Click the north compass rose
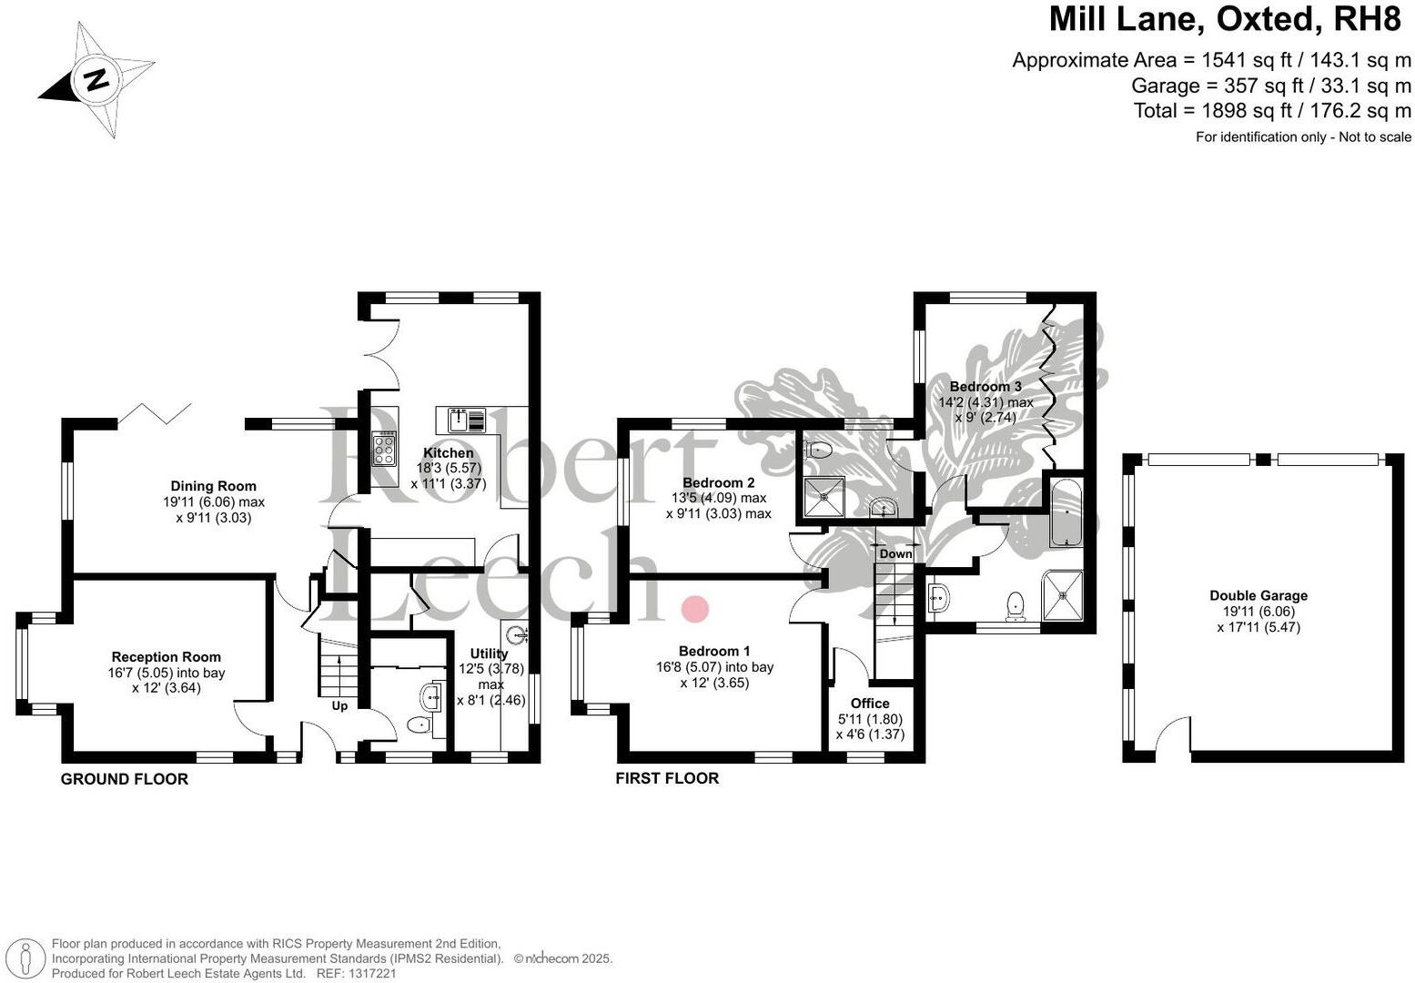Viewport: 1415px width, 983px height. click(96, 80)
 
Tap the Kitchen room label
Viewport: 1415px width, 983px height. click(448, 452)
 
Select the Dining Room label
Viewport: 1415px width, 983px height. click(214, 486)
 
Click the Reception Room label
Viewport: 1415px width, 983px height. click(166, 656)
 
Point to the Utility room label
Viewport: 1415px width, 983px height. click(489, 654)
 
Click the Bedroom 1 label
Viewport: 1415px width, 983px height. click(714, 651)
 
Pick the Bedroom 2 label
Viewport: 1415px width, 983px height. click(718, 482)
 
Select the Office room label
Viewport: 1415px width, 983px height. click(869, 703)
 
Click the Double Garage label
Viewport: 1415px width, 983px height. click(1258, 595)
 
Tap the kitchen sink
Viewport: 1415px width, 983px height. click(466, 421)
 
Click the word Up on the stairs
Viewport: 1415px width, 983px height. click(339, 705)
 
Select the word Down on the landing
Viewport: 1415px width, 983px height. click(895, 553)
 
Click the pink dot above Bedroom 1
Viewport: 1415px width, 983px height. click(695, 609)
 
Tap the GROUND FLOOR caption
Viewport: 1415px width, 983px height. click(125, 779)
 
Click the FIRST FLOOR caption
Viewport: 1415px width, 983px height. click(667, 778)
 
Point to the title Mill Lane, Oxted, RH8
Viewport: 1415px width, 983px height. click(1229, 19)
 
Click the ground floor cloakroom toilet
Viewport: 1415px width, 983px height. click(419, 725)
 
